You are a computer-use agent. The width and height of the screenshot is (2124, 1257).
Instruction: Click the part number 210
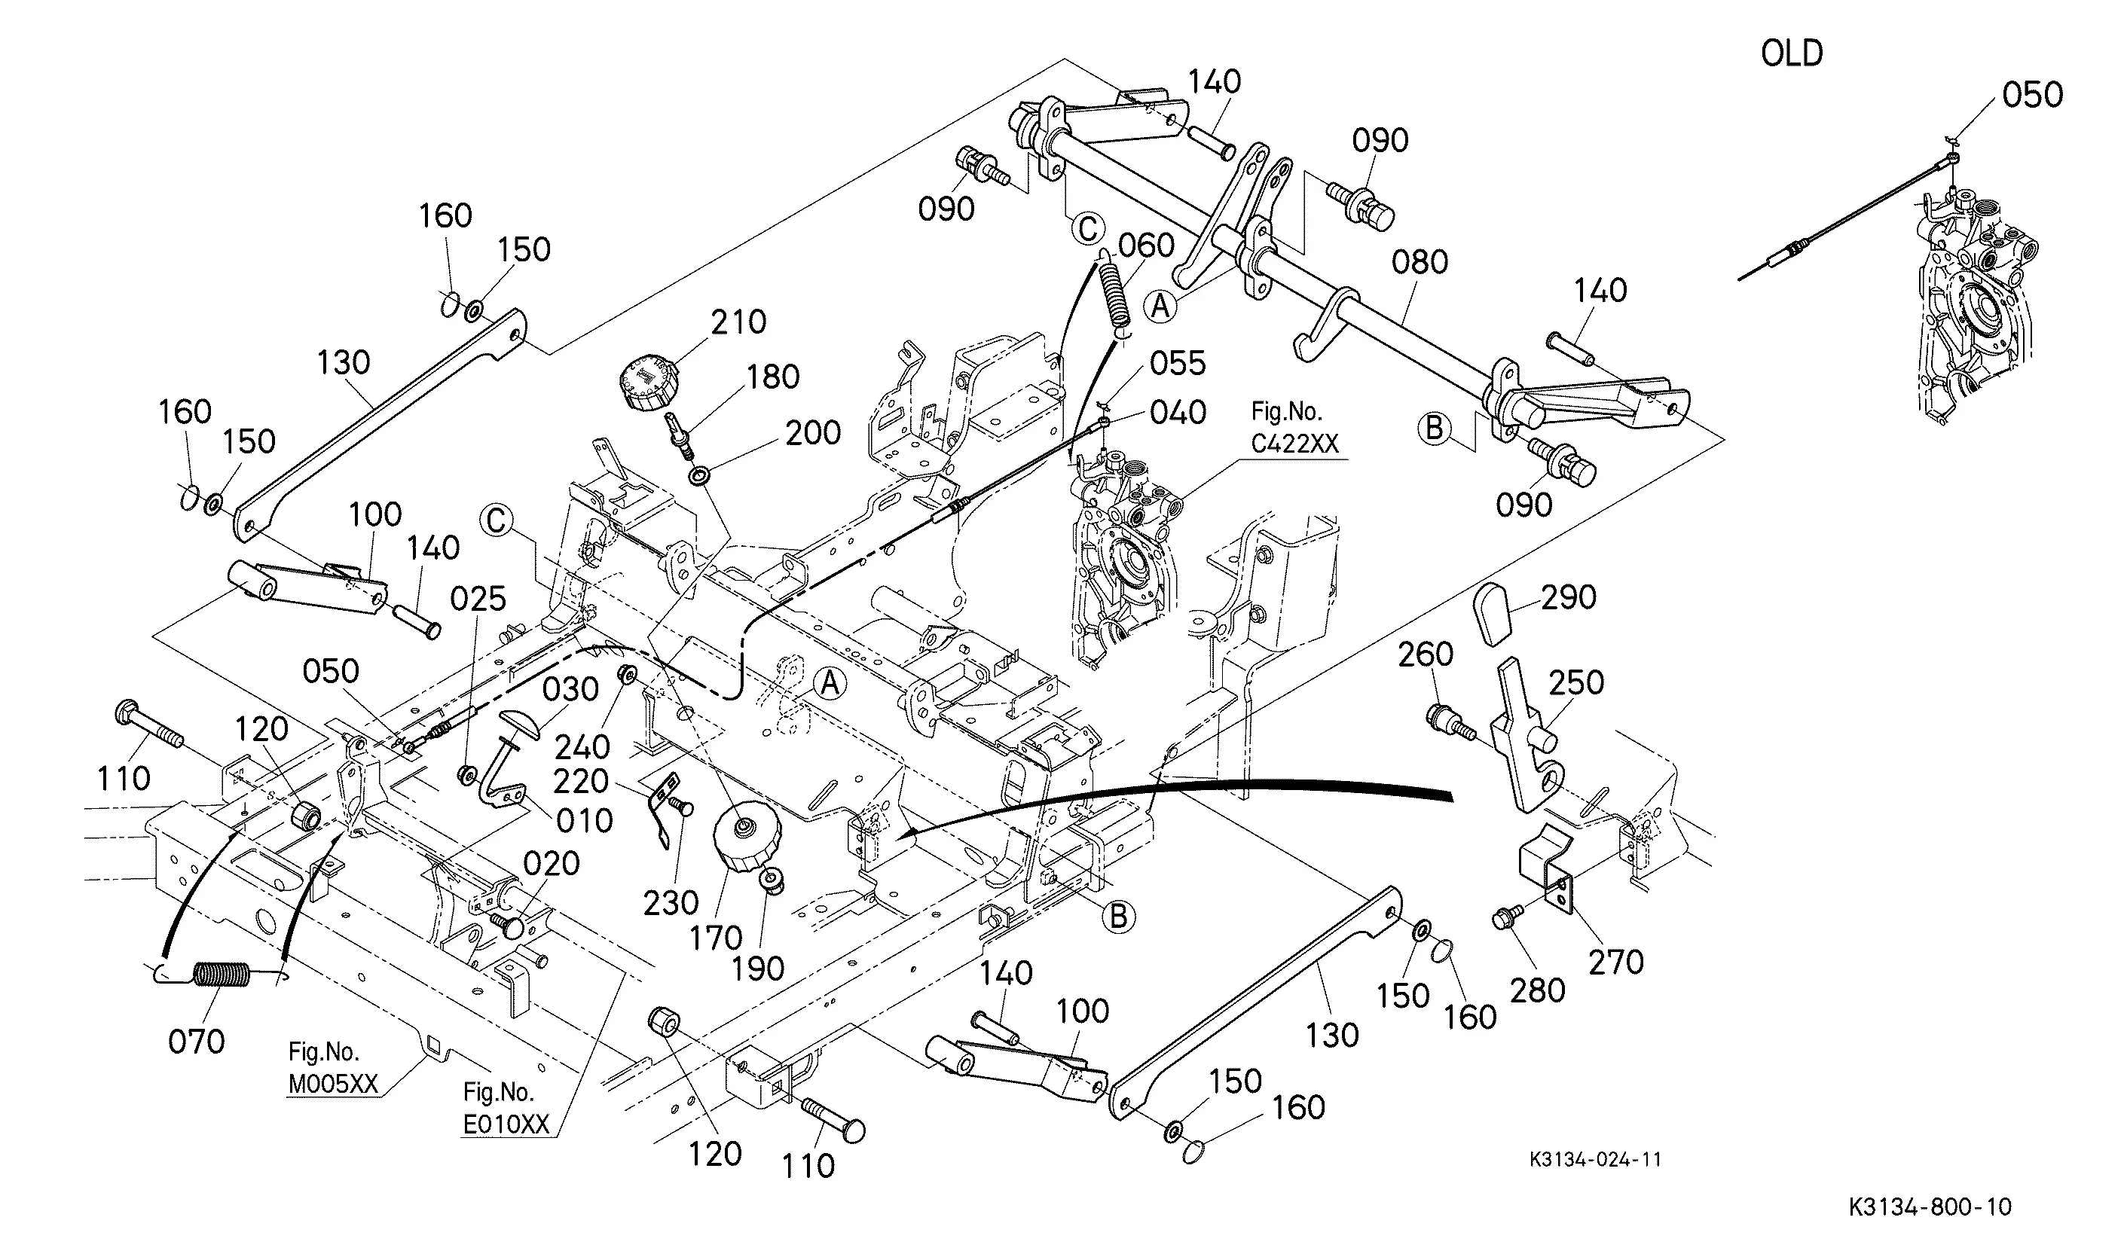pos(738,322)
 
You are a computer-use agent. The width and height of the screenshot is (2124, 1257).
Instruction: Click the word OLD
pos(1792,53)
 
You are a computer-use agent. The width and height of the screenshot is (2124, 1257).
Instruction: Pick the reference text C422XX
pos(1294,443)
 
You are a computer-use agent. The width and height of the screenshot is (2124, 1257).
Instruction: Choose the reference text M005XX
pos(333,1085)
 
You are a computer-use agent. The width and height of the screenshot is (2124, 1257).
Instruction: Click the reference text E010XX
pos(506,1124)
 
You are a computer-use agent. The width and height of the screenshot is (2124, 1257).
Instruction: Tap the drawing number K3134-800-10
pos(1929,1207)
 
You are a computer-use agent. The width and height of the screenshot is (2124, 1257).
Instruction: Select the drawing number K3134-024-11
pos(1595,1160)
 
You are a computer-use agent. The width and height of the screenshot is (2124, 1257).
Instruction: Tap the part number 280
pos(1538,990)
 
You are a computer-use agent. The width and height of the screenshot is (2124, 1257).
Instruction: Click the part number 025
pos(478,600)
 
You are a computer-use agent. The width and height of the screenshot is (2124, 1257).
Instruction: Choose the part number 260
pos(1426,654)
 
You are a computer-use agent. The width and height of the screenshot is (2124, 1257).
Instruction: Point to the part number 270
pos(1615,963)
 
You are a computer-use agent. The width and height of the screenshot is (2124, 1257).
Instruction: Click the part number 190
pos(758,969)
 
